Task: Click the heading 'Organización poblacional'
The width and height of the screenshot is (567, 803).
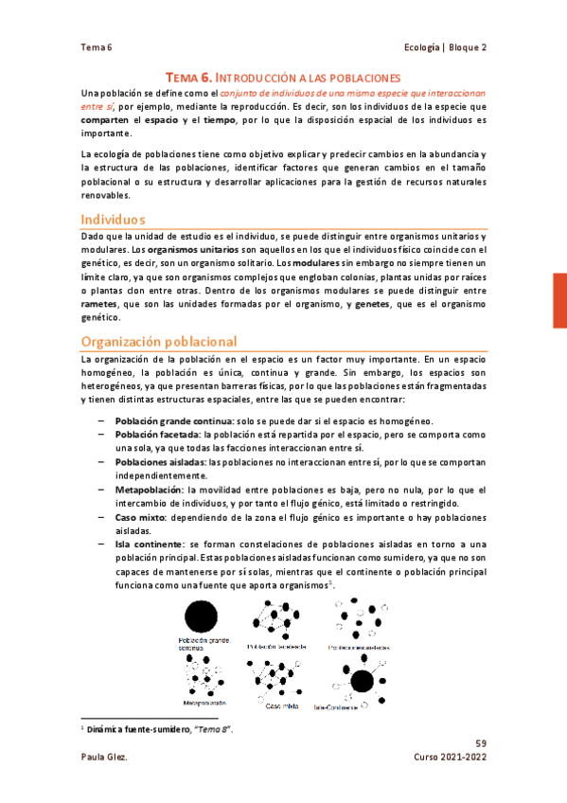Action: coord(158,341)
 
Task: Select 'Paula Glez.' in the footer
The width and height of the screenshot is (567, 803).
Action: coord(102,758)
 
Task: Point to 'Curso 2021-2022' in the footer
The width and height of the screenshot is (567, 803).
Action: coord(451,758)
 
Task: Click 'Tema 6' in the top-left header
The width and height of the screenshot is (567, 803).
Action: coord(96,47)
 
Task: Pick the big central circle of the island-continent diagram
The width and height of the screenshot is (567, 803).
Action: coord(362,680)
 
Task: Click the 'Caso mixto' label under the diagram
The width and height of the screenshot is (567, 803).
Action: coord(282,705)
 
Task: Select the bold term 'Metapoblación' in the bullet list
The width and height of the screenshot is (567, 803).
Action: coord(149,490)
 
